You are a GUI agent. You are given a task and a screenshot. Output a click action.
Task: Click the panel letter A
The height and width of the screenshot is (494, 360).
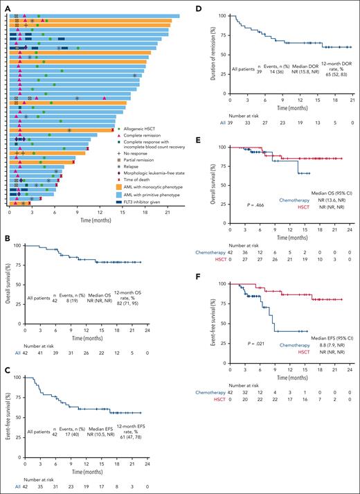[x=5, y=5]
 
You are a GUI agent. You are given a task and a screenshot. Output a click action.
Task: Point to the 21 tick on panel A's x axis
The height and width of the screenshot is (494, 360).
[x=167, y=212]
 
